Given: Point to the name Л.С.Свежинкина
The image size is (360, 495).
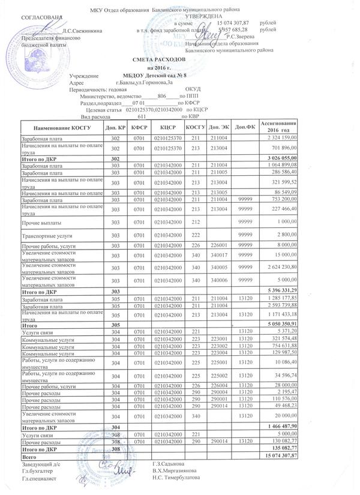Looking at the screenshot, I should coord(82,30).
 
